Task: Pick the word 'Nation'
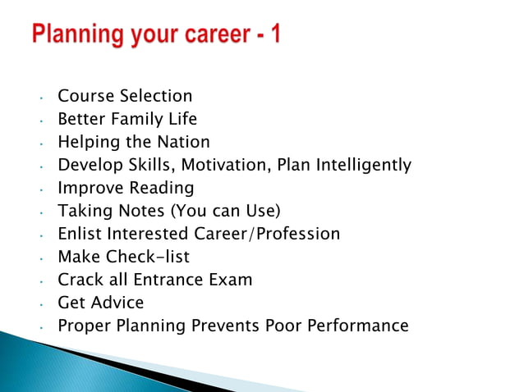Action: [183, 142]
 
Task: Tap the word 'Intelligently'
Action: [359, 165]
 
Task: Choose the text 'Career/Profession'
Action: [266, 234]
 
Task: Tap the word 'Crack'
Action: [80, 280]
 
